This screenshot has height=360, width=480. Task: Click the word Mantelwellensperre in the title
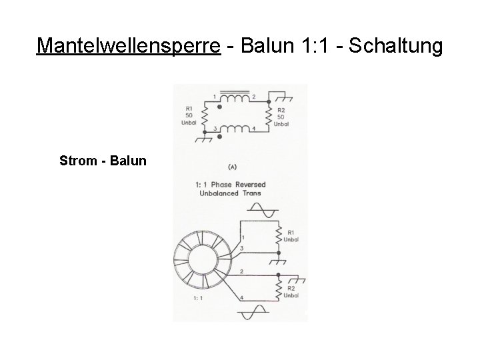point(128,46)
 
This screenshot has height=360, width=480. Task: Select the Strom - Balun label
point(103,161)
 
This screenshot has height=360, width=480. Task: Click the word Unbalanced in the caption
point(219,193)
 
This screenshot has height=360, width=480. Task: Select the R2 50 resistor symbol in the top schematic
point(269,116)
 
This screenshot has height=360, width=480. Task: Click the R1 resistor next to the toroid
point(279,233)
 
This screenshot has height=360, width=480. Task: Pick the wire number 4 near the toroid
point(241,296)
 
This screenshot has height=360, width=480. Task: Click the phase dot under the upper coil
point(220,107)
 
